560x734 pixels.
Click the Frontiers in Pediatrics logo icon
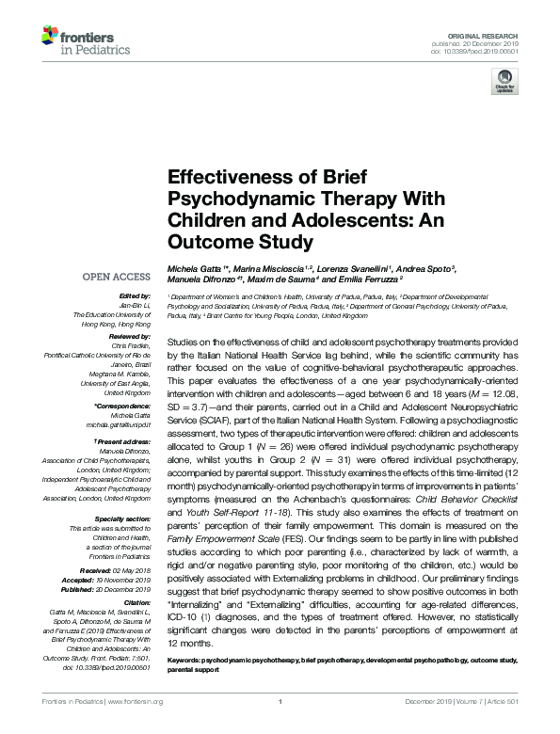click(x=49, y=39)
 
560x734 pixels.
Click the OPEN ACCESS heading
click(x=117, y=277)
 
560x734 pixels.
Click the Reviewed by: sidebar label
click(x=130, y=334)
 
